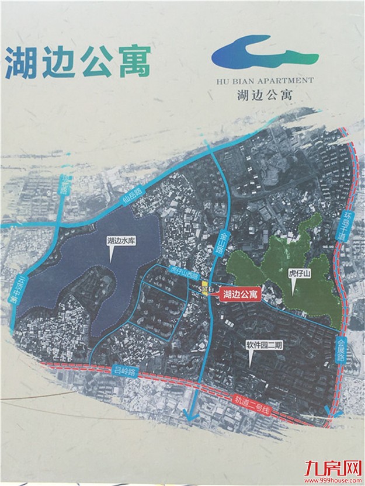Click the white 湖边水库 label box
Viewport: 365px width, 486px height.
(x=121, y=239)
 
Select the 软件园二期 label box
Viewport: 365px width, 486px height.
(x=264, y=345)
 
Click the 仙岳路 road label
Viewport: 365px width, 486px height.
(x=133, y=192)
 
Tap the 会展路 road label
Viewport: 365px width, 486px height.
(x=340, y=349)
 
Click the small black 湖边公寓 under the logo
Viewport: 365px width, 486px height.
(x=265, y=93)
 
